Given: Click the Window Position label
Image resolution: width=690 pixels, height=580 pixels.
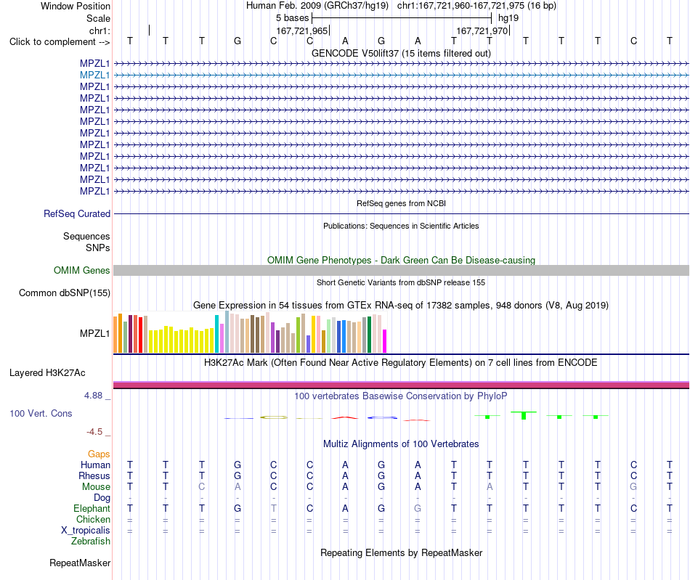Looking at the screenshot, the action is coord(76,6).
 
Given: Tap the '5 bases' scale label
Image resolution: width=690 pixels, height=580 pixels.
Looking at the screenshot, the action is coord(292,18).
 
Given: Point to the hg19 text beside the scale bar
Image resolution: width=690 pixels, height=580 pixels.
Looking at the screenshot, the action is coord(508,18).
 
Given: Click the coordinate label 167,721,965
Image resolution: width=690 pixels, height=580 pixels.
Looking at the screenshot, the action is coord(302,30).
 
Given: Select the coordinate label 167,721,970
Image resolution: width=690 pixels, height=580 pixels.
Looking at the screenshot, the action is coord(482,30).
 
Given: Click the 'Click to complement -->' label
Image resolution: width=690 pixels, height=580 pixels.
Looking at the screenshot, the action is coord(60,42).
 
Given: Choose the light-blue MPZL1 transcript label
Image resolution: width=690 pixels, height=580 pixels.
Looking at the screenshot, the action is coord(94,75).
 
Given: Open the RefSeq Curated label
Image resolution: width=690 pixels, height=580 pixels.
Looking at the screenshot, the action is coord(77,213).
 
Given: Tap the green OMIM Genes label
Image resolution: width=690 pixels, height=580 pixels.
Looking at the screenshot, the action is coord(82,271).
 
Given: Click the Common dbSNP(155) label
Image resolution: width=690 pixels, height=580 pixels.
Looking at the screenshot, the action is coord(65,293).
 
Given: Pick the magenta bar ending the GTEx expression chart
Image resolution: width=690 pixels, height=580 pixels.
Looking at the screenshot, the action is coord(384,341).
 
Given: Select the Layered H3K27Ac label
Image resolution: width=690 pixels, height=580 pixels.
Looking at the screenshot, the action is coord(47,373).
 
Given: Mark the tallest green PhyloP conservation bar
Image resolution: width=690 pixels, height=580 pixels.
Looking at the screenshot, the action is coord(524,415).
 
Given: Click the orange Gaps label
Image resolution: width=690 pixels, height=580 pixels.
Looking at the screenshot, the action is coord(99,454).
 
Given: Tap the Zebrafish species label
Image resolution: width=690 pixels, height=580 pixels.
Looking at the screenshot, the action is coord(91,542).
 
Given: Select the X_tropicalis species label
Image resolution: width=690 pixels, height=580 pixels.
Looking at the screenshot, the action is coord(86,531).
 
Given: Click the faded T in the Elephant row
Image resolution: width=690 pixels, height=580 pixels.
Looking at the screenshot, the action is coord(274,508).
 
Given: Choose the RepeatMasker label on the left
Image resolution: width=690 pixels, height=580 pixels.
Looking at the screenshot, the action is coord(80,563).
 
